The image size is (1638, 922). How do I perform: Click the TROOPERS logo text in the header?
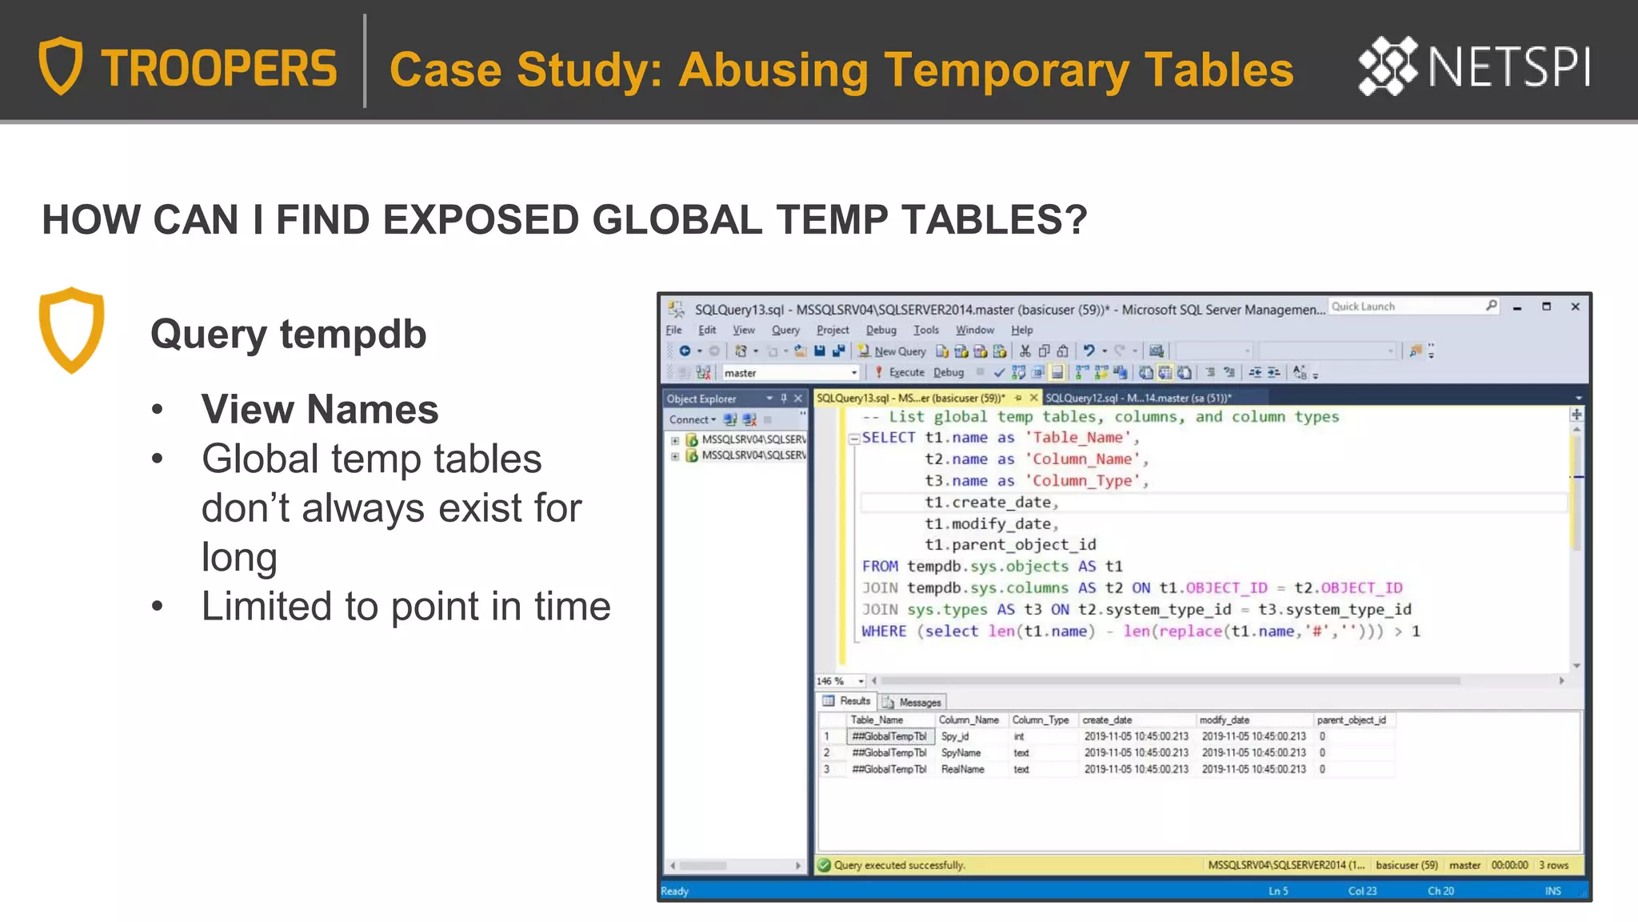coord(218,68)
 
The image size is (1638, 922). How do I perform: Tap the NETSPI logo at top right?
coord(1474,66)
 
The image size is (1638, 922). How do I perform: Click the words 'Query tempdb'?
coord(288,334)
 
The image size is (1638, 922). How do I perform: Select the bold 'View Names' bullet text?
coord(319,409)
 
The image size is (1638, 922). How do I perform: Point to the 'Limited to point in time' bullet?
coord(406,606)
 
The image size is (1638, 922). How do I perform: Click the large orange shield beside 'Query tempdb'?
coord(72,330)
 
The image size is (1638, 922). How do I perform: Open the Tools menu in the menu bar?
coord(925,330)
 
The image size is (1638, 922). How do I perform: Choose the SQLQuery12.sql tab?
coord(1137,398)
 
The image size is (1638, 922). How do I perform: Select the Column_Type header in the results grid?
coord(1040,720)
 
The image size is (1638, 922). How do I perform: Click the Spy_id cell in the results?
coord(954,736)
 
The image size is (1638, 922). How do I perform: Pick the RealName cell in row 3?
coord(962,769)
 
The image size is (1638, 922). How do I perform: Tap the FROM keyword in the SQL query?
coord(880,566)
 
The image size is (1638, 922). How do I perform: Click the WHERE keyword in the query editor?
coord(884,631)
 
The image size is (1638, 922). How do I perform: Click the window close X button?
coord(1575,307)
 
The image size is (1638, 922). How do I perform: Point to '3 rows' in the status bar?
coord(1553,865)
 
